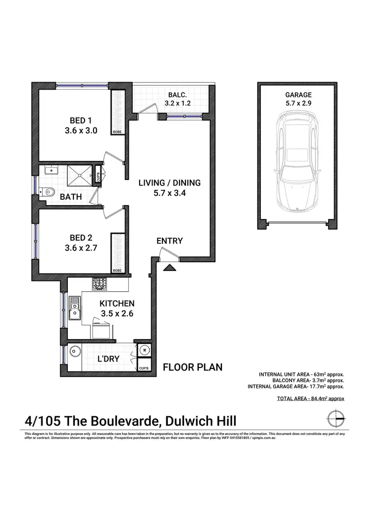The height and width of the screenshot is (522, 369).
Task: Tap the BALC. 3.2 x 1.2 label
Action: coord(177,99)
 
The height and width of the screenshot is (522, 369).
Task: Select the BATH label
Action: coord(71,197)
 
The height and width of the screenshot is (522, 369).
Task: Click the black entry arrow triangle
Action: coord(170,268)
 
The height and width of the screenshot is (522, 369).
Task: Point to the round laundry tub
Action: coord(75,351)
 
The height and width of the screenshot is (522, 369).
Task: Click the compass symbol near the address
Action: coord(336,418)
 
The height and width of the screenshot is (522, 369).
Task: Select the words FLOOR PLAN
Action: coord(192,367)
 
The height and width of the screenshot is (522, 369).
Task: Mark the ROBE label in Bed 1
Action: coord(117,132)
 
